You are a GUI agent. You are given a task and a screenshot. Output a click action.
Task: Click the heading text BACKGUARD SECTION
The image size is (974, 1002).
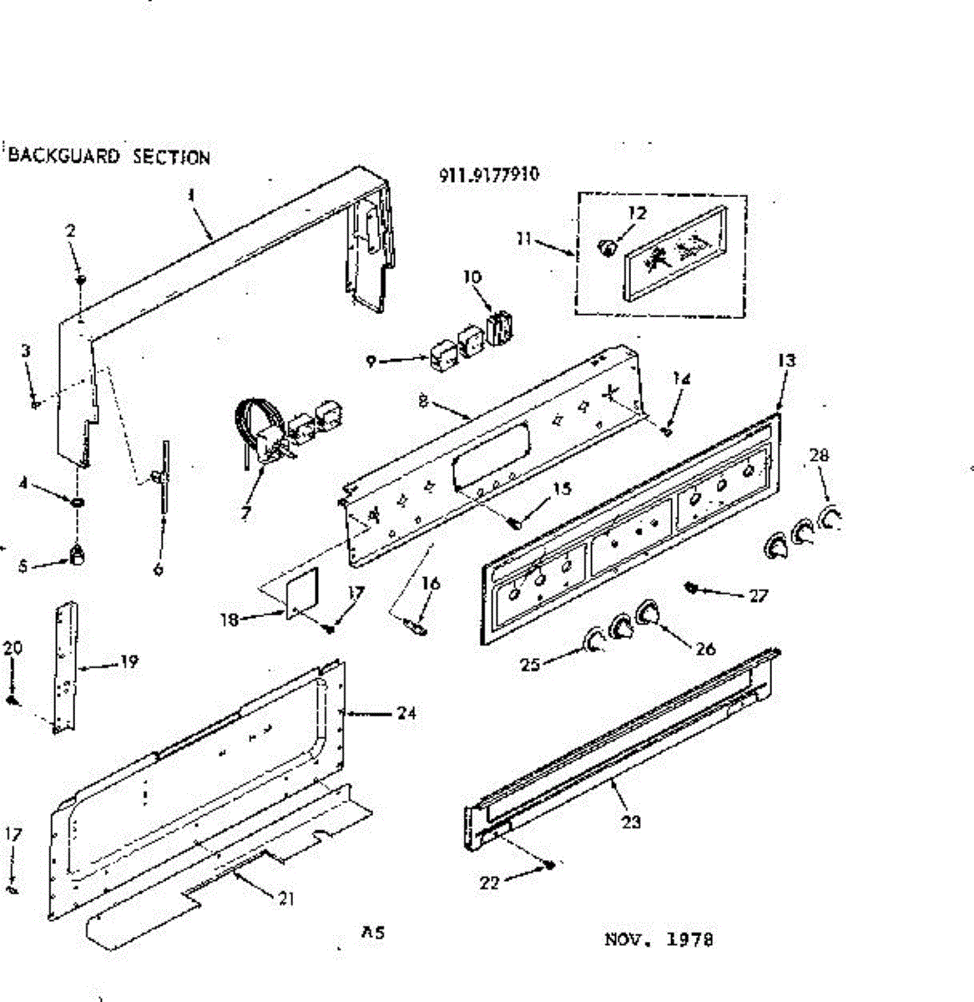tap(109, 157)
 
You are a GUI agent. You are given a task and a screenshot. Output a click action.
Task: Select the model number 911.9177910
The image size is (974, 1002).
tap(489, 175)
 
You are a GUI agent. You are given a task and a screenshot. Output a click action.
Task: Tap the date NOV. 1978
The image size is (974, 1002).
tap(659, 939)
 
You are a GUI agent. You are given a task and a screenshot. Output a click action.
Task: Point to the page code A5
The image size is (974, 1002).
tap(372, 933)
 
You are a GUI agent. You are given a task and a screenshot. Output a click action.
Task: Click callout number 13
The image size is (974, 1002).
tap(785, 360)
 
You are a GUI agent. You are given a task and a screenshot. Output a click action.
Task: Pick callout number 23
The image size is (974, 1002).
tap(631, 822)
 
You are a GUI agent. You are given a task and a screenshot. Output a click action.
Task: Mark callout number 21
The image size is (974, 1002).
tap(285, 898)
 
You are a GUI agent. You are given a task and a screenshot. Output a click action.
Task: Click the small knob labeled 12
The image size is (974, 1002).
tap(607, 246)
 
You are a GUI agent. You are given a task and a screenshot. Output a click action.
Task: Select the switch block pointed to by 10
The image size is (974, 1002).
tap(500, 326)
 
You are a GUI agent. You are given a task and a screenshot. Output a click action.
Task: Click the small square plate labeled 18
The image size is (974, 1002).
tap(301, 595)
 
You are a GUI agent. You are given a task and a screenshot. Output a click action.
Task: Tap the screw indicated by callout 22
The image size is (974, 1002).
tap(551, 865)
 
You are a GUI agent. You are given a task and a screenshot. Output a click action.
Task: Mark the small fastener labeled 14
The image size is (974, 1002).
tap(666, 431)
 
